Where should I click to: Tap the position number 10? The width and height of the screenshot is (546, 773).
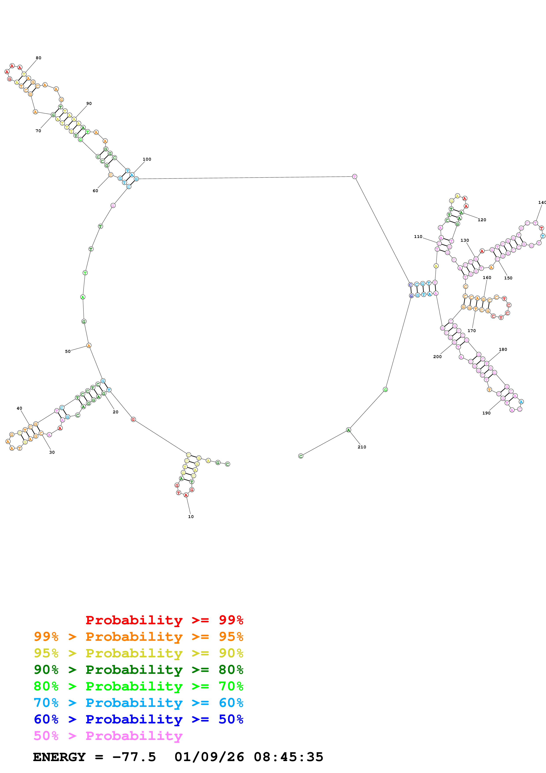pos(191,517)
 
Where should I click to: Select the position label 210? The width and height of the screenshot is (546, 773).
pos(362,447)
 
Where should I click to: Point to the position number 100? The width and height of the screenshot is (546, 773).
pos(147,159)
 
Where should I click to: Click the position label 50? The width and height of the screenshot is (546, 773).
pos(68,351)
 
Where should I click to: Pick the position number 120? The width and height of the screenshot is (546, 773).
pos(482,220)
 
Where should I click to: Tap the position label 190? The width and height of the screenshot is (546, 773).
pos(487,413)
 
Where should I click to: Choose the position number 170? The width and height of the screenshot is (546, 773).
pos(472,331)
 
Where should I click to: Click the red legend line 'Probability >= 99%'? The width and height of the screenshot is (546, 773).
pos(164,620)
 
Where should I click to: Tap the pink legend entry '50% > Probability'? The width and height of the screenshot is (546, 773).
pos(108,736)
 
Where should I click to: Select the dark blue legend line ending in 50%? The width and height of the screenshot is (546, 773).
pos(138,719)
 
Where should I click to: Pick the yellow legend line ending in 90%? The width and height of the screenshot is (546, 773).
pos(138,653)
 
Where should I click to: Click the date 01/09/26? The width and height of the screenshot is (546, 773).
pos(209,757)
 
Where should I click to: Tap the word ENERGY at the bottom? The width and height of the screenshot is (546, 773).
pos(59,757)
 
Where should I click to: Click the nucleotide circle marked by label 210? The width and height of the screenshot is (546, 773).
pos(348,430)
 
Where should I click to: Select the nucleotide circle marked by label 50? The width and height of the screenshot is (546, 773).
pos(89,346)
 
